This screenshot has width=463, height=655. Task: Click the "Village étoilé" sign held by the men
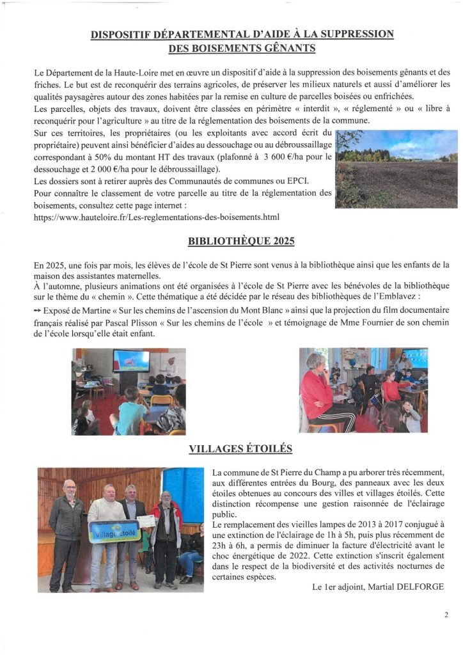[114, 531]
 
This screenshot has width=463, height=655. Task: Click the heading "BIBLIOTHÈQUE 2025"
[231, 242]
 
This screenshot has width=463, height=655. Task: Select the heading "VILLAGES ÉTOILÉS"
[231, 449]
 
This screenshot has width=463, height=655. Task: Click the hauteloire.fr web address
[157, 217]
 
